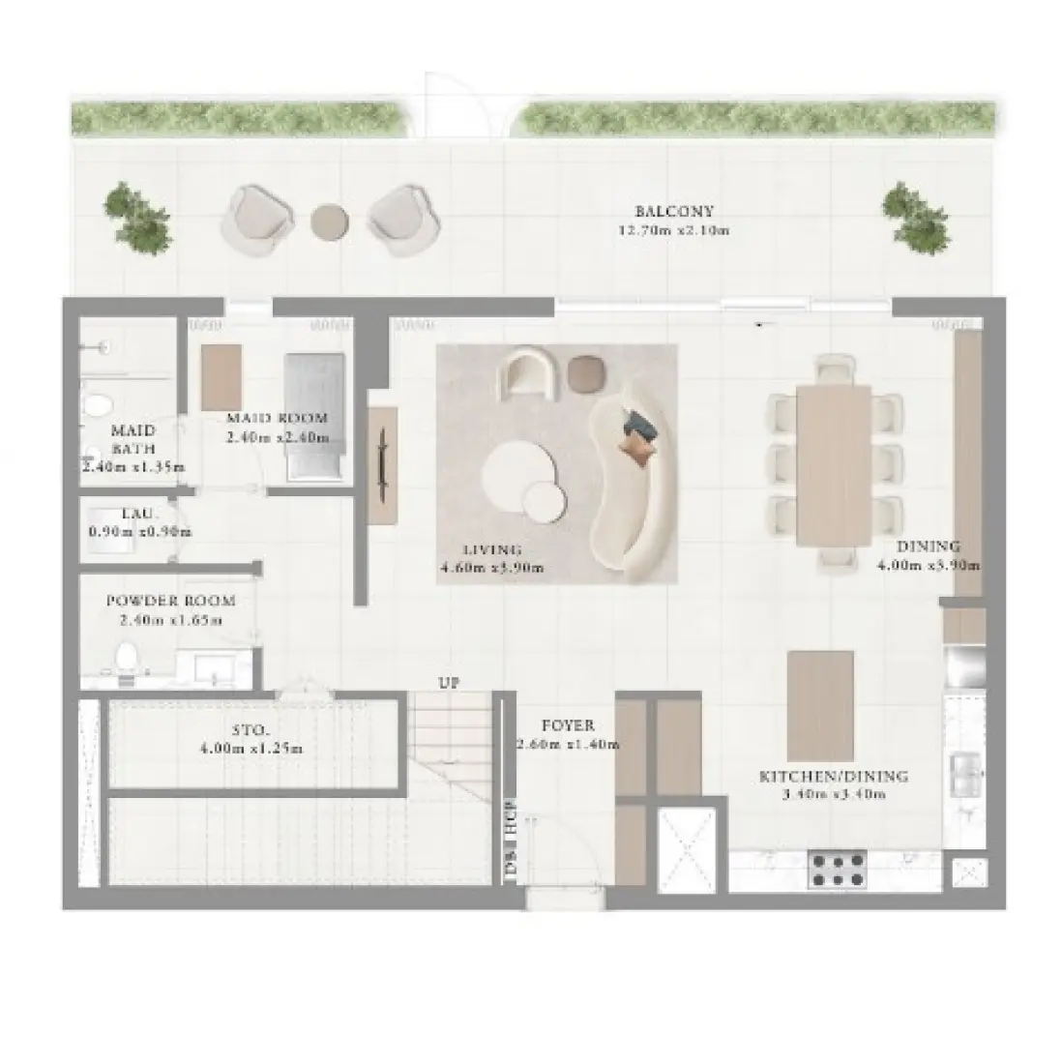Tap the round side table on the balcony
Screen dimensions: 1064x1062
tap(329, 221)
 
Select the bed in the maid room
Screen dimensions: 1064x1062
tap(314, 416)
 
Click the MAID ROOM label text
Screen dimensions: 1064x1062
tap(277, 419)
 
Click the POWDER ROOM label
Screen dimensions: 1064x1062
tap(170, 601)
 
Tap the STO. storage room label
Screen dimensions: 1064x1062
tap(251, 731)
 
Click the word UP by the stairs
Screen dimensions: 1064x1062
tap(448, 683)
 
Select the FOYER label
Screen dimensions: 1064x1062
tap(567, 725)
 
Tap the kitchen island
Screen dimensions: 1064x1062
tap(819, 705)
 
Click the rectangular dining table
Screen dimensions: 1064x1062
tap(833, 465)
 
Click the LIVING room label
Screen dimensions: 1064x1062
tap(492, 550)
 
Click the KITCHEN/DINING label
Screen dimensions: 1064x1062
tap(833, 776)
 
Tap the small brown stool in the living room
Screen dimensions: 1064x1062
tap(583, 373)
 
